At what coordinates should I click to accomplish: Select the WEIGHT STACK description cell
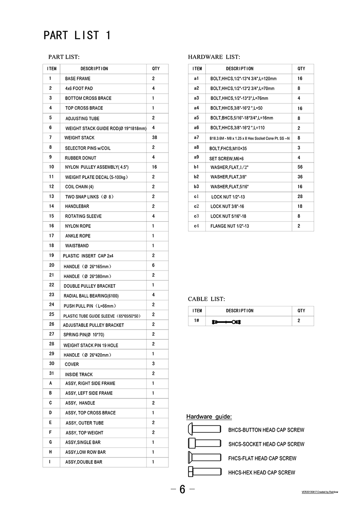pos(80,138)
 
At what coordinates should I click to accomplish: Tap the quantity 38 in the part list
pos(155,138)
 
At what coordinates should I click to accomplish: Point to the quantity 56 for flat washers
pos(300,167)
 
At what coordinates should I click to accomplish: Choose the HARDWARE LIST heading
pos(214,57)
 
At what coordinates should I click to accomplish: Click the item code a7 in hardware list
pos(196,137)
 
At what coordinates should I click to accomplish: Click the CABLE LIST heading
pos(206,299)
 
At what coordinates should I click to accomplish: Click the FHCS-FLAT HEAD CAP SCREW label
pos(262,458)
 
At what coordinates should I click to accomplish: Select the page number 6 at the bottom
pos(182,489)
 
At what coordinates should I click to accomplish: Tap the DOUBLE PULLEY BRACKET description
pos(89,286)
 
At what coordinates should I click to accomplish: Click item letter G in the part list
pos(51,442)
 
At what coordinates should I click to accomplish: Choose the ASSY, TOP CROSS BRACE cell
pos(90,413)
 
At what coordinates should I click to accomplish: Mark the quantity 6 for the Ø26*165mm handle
pos(153,265)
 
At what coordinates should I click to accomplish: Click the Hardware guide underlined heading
pos(209,417)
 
